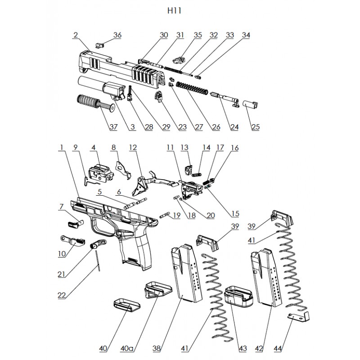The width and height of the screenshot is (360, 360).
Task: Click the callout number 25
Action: point(256,127)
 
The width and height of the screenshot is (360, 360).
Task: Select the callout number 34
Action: point(245,35)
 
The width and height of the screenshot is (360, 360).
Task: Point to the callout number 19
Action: point(176,216)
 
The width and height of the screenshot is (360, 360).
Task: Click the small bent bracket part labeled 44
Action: point(297,318)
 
